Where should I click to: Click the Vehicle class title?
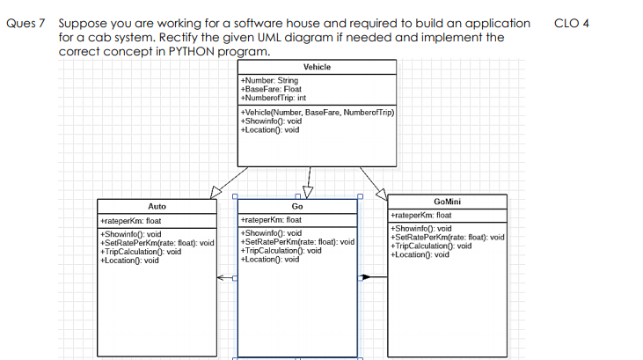click(317, 68)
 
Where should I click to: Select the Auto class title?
click(157, 205)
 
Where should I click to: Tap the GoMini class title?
click(448, 202)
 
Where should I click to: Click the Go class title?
click(296, 205)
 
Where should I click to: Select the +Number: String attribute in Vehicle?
click(268, 81)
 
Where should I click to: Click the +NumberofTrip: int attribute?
click(274, 97)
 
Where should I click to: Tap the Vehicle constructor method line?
click(317, 113)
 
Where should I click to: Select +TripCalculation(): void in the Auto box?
click(142, 251)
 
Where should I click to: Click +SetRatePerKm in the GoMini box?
click(446, 238)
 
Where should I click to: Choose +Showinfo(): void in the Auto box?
click(131, 234)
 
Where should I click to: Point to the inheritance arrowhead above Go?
click(307, 192)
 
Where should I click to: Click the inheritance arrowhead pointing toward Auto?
click(216, 193)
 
